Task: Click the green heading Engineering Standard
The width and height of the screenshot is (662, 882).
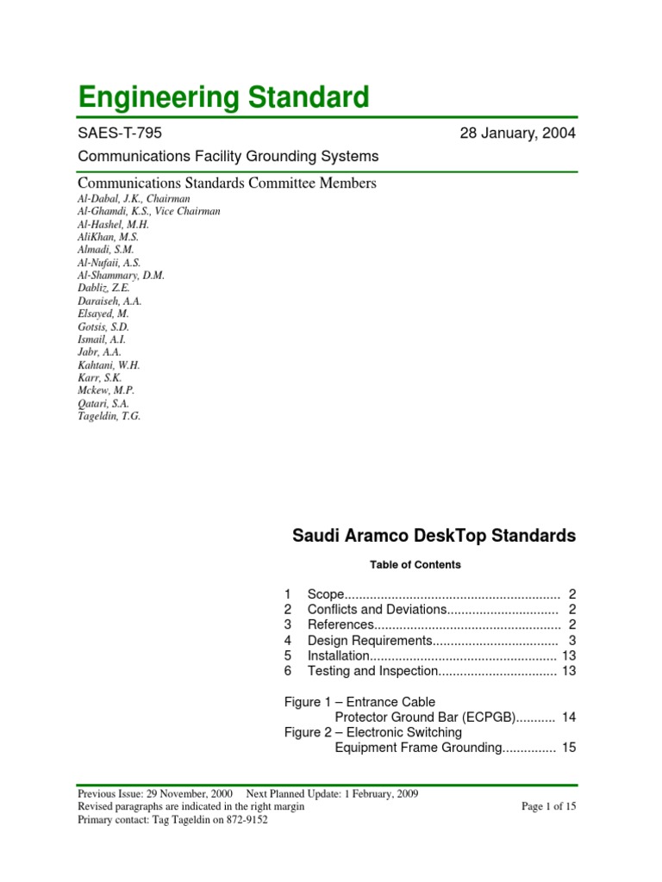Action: (223, 96)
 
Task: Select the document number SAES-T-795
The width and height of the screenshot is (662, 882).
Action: (119, 134)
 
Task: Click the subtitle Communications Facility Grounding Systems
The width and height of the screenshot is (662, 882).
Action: (228, 156)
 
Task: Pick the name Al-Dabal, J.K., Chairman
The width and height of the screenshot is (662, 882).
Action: (134, 199)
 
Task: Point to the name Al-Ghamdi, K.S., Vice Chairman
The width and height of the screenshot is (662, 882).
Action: (148, 212)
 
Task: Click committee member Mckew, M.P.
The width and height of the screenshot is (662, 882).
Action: (106, 390)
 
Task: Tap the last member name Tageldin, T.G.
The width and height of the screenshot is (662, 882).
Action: (109, 416)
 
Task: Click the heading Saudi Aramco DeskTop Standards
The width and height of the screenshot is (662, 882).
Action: (434, 536)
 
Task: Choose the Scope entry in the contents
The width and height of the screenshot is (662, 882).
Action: (326, 594)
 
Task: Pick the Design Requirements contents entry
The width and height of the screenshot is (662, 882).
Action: (369, 640)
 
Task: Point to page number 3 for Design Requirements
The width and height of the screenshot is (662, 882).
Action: (571, 640)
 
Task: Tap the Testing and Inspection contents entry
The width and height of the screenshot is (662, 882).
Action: (373, 671)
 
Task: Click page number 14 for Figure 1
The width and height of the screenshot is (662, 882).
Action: (568, 717)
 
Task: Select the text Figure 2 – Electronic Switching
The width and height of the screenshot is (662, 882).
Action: (373, 732)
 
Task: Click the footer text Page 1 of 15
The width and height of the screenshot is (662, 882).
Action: (548, 806)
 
